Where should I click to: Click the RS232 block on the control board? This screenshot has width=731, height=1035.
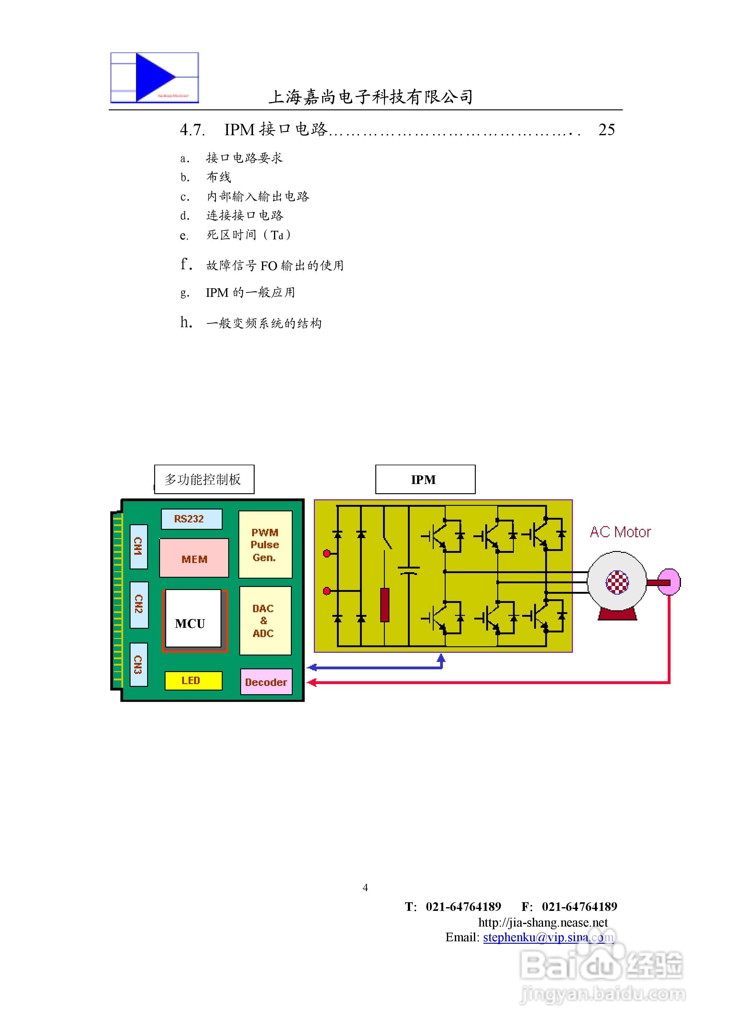tap(192, 519)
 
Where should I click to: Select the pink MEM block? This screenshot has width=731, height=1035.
tap(194, 558)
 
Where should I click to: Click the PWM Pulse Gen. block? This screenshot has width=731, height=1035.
tap(265, 545)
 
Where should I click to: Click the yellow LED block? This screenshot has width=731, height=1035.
tap(193, 681)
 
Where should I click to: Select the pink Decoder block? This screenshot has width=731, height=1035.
tap(266, 682)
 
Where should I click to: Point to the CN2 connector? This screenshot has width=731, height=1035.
tap(139, 604)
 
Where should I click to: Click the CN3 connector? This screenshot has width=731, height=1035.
tap(139, 664)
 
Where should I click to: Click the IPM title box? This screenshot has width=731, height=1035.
tap(425, 479)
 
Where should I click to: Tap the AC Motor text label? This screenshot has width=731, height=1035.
tap(620, 532)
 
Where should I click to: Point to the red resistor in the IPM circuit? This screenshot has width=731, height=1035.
tap(385, 604)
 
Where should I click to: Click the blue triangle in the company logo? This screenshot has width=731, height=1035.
tap(153, 77)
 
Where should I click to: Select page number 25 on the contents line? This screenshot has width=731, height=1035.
tap(606, 130)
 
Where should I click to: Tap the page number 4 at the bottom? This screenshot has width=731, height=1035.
tap(365, 887)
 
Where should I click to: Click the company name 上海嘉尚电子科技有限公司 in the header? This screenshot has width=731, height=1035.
tap(370, 97)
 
